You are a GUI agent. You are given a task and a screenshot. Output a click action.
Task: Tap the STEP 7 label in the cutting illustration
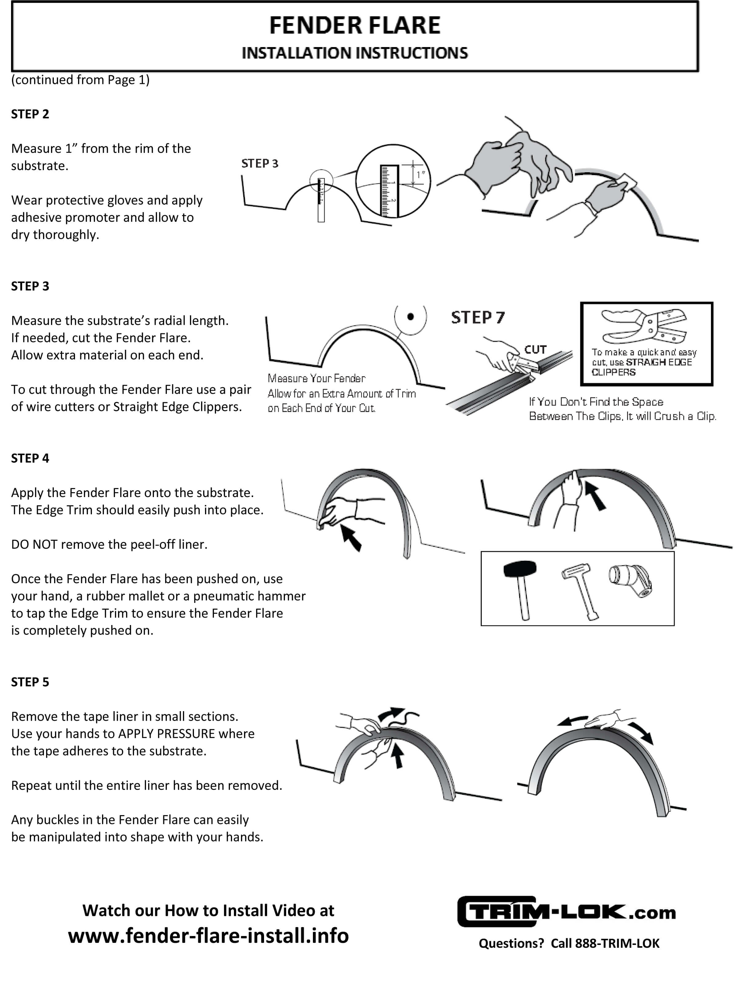[x=477, y=317]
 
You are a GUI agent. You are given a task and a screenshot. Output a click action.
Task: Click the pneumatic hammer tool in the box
[x=630, y=581]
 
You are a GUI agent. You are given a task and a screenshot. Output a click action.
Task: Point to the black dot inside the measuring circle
[x=410, y=317]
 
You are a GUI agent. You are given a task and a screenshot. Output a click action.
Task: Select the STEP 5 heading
[x=30, y=682]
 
